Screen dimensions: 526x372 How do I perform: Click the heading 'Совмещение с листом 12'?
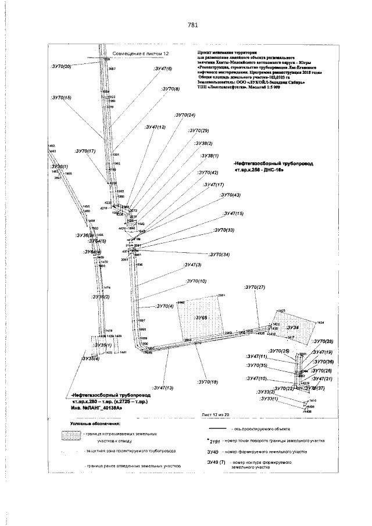coord(139,53)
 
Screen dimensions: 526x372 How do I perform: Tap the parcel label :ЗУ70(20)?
coord(61,67)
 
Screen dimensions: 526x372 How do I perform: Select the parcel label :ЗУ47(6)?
coord(162,69)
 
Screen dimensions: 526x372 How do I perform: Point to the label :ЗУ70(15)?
coord(61,97)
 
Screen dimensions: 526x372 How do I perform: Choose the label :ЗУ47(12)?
coord(156,127)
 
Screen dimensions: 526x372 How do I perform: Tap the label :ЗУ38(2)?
coord(203,143)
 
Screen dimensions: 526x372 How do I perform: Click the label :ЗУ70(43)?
coord(231,195)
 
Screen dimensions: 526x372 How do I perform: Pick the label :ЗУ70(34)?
coord(220,255)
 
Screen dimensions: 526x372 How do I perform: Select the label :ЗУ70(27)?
coord(254,287)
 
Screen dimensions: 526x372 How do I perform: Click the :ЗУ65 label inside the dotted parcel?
coord(201,318)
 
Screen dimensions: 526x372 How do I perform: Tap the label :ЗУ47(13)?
coord(163,387)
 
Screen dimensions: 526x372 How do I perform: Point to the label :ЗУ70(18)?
coord(208,381)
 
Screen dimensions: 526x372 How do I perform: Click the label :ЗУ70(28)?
coord(323,341)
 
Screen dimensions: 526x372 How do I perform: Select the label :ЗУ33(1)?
coord(269,398)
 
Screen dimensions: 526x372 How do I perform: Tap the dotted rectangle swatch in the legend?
coord(71,435)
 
